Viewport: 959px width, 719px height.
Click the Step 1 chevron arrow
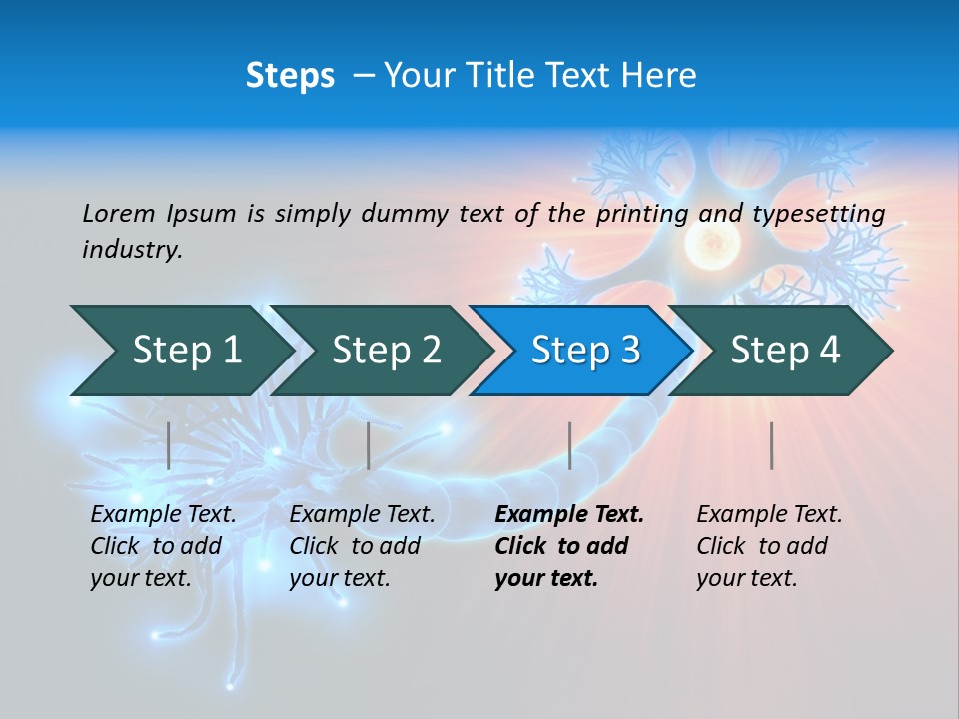click(186, 351)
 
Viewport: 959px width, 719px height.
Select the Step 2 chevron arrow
click(386, 351)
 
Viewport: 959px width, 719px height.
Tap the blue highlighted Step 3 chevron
click(585, 351)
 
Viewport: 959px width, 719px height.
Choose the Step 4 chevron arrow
click(785, 351)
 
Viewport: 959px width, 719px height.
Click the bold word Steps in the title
click(290, 76)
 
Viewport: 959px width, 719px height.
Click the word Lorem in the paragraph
click(119, 213)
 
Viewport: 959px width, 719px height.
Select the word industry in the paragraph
click(132, 250)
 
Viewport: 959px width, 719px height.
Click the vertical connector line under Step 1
click(169, 445)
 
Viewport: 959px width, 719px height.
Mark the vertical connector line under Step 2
click(369, 445)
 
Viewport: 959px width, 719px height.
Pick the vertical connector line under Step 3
click(569, 445)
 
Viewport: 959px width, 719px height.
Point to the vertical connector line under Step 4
click(771, 445)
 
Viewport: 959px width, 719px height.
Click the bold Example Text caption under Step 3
click(569, 546)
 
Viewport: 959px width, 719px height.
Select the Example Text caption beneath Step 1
click(163, 546)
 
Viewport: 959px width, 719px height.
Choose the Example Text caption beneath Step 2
click(362, 546)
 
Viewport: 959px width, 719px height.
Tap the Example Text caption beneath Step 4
click(769, 546)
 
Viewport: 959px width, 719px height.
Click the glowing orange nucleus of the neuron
click(712, 242)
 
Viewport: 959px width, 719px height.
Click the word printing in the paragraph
click(635, 213)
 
